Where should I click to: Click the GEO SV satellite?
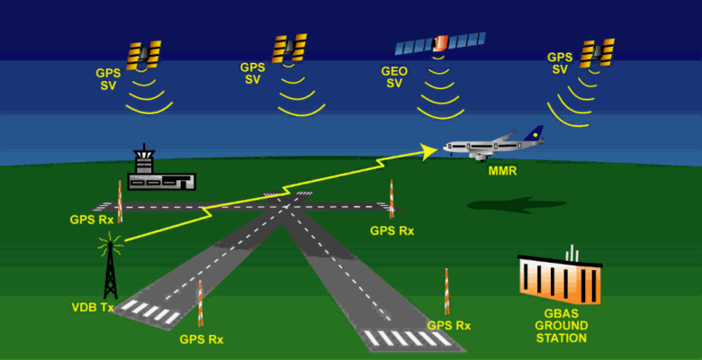pos(441,42)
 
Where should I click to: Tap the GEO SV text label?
pos(394,76)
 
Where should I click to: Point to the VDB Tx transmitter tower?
pos(110,267)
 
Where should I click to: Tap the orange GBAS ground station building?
pos(559,279)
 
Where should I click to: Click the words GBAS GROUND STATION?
pos(561,325)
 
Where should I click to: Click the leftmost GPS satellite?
pos(143,56)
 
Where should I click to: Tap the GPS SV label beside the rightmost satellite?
pos(560,63)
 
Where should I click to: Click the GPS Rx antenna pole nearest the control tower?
pos(120,200)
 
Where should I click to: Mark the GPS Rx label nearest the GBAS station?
pos(449,325)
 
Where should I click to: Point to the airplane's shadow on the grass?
pos(504,205)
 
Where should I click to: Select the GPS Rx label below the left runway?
pos(202,339)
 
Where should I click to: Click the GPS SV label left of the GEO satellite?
pos(253,73)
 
